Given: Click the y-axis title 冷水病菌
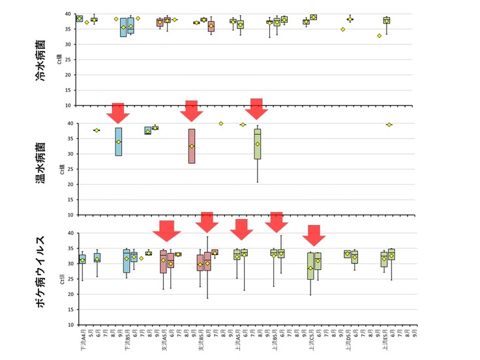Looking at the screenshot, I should click(40, 61).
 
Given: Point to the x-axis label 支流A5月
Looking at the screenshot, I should click(164, 338).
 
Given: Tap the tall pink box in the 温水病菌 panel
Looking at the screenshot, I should click(192, 145).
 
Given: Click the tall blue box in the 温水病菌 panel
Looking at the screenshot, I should click(118, 142).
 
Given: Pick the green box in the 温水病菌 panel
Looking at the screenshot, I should click(258, 144).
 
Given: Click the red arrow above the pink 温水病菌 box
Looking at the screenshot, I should click(192, 111).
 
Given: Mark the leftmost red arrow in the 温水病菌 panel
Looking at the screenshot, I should click(118, 112).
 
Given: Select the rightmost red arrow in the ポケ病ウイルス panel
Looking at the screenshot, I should click(314, 235).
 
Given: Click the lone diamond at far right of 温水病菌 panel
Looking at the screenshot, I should click(389, 125).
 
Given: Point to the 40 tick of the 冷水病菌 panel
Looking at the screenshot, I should click(70, 14).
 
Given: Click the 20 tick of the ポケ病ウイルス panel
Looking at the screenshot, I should click(70, 294).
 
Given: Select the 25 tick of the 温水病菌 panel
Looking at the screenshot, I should click(70, 169).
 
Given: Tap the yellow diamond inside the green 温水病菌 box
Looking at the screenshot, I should click(258, 144).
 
